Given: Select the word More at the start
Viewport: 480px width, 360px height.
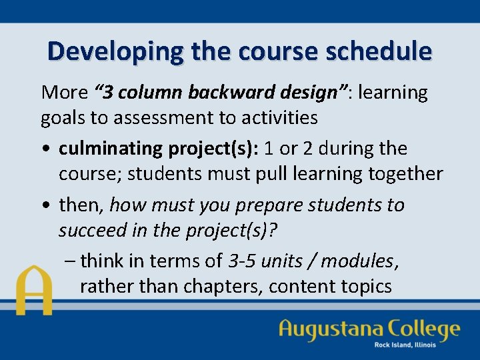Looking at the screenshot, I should click(x=64, y=93).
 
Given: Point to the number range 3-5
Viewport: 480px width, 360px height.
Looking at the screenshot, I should click(x=241, y=260).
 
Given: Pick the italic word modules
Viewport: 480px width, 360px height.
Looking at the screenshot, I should click(x=358, y=260).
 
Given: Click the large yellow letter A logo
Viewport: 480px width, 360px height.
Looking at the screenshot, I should click(x=35, y=291).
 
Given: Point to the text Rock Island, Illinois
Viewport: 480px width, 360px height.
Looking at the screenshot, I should click(x=405, y=345).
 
